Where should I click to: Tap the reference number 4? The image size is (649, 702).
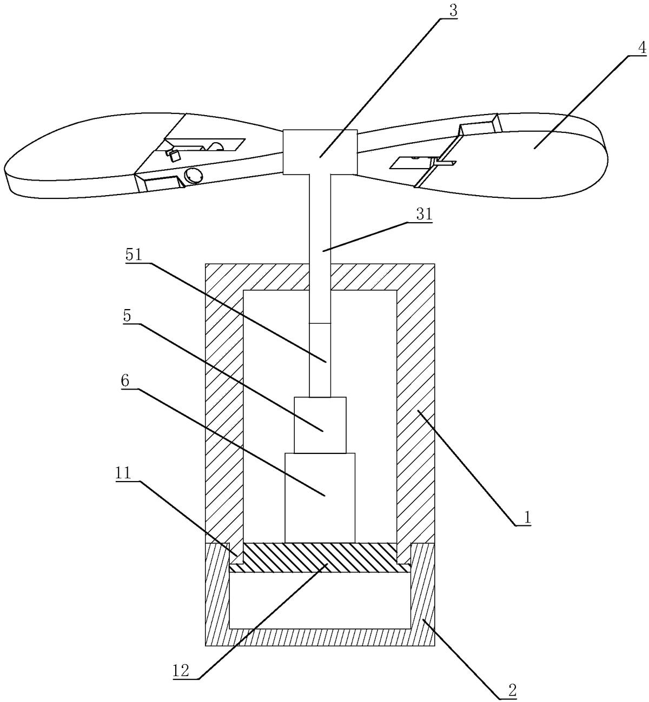coord(641,48)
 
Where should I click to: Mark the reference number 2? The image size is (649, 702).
coord(511,689)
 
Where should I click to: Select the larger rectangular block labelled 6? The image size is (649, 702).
coord(320,497)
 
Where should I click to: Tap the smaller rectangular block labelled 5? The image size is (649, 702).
coord(320,425)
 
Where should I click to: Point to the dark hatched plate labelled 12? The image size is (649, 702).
coord(320,558)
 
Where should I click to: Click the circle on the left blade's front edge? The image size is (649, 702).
coord(193,175)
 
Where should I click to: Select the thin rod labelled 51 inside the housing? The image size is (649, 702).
coord(320,359)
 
